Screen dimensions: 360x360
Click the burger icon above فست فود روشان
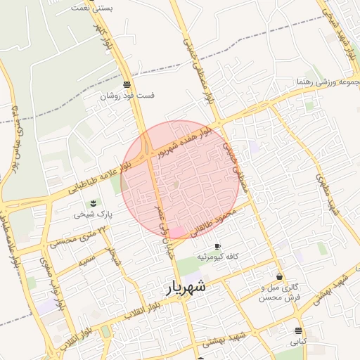pyautogui.click(x=127, y=82)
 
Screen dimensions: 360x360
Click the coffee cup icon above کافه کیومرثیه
pyautogui.click(x=217, y=245)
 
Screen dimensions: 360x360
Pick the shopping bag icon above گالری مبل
pyautogui.click(x=281, y=276)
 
